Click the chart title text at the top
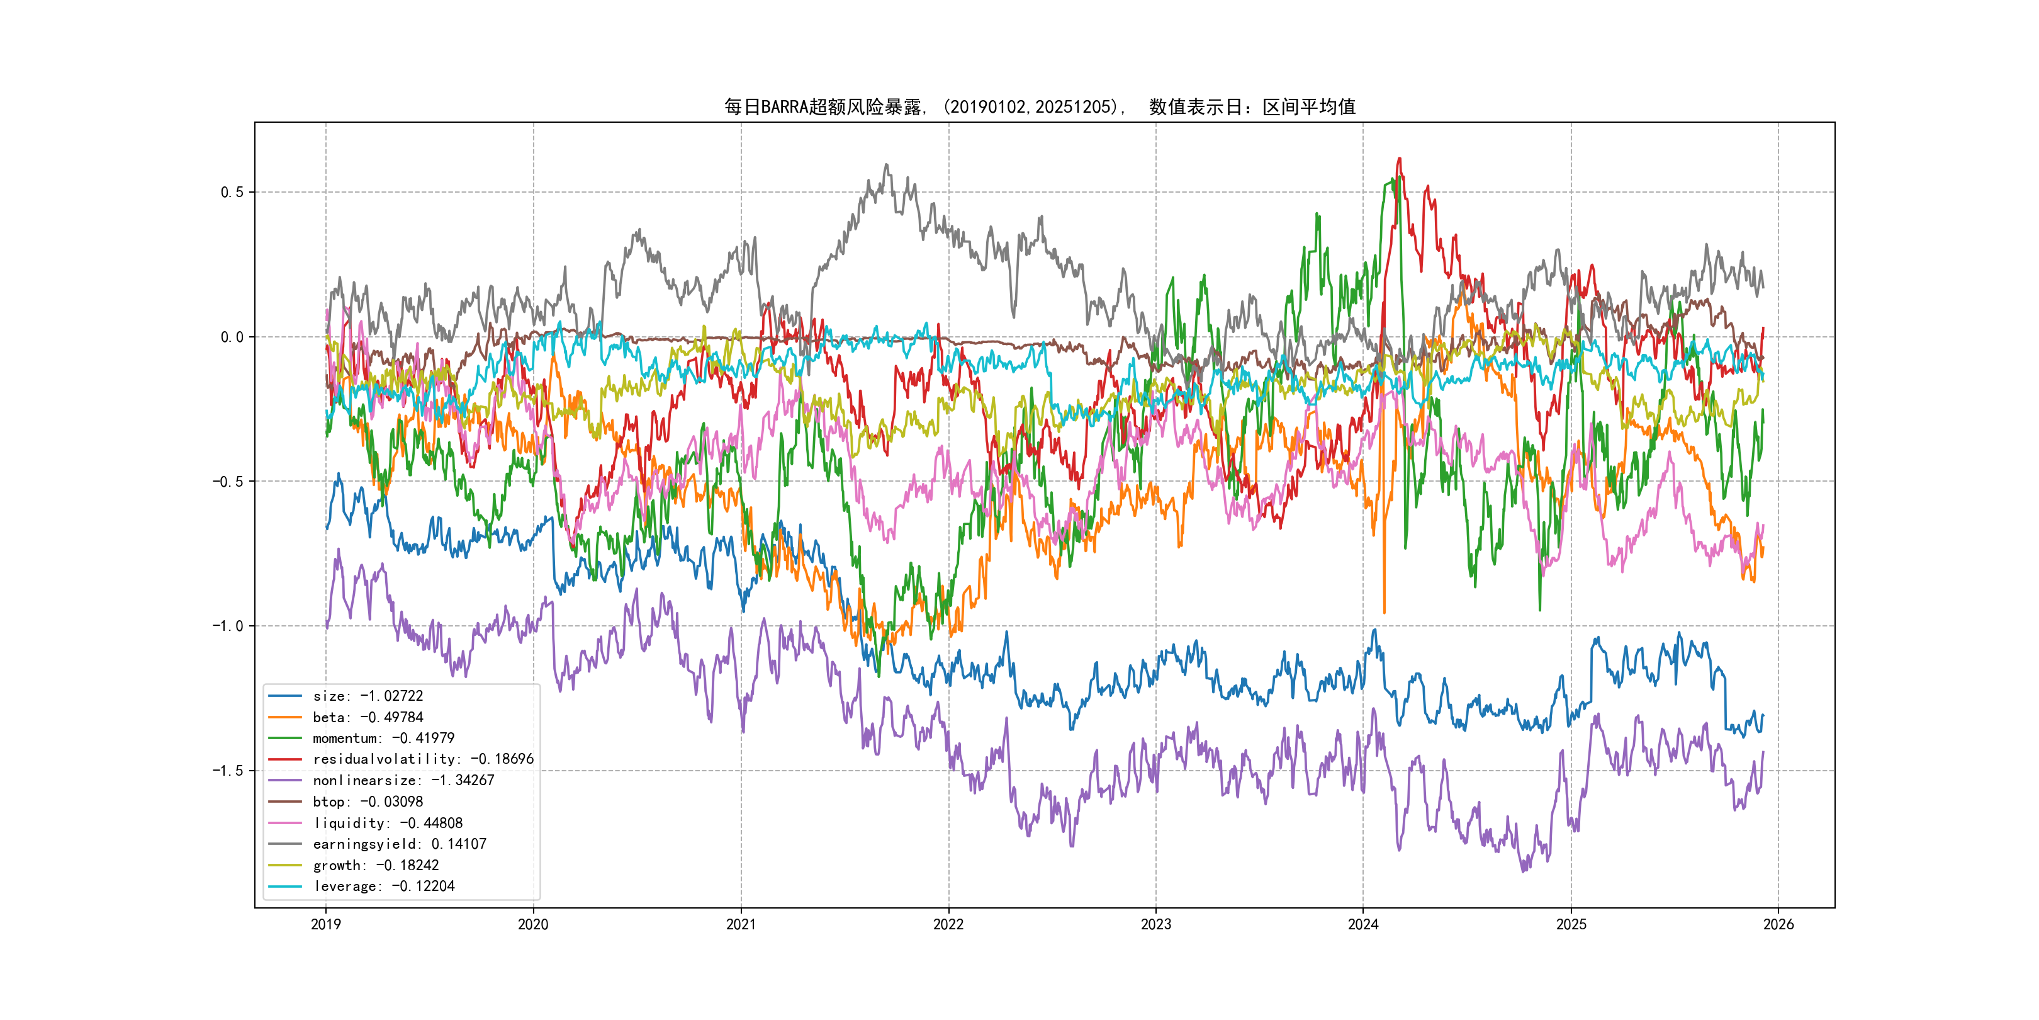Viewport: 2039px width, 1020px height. [1039, 107]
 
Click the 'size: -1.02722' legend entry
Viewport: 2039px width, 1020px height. [368, 696]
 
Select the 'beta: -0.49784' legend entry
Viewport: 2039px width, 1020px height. [368, 718]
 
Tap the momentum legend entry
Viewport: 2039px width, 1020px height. [383, 738]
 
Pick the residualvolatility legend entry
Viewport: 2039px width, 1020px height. [423, 759]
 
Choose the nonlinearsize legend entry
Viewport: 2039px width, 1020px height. [403, 781]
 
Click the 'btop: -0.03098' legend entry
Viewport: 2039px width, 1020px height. [368, 802]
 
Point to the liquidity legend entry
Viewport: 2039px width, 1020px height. [387, 824]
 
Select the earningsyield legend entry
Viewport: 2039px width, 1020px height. [399, 844]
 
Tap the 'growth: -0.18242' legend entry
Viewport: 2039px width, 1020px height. [375, 866]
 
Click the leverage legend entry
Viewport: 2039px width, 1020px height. [383, 886]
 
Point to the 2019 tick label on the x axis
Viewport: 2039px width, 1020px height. [325, 924]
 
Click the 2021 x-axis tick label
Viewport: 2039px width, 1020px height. [741, 924]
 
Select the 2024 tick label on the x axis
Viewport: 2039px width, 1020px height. [1363, 924]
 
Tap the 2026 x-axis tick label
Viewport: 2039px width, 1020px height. [1778, 924]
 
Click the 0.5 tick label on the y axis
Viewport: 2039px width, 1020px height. [232, 193]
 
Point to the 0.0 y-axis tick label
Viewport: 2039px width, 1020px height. [232, 337]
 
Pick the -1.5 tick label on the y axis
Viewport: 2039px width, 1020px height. [228, 771]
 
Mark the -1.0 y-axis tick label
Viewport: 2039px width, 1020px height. [228, 626]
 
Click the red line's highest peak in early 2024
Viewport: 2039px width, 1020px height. [1400, 159]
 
